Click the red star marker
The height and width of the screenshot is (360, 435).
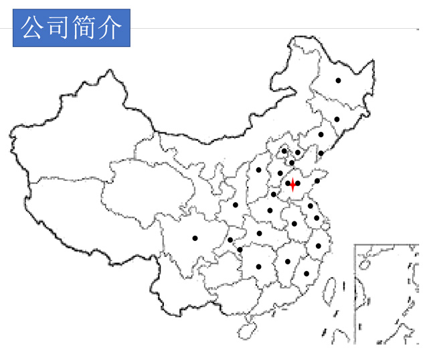[x=292, y=184]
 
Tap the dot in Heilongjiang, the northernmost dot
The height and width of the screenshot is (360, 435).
[x=338, y=80]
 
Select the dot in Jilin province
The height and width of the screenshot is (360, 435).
[x=337, y=119]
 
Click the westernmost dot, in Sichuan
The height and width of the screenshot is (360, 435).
[x=195, y=238]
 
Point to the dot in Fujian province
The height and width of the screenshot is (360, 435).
[x=306, y=273]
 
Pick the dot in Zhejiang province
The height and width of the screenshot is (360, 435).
[x=319, y=246]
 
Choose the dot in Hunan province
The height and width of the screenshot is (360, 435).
[x=258, y=266]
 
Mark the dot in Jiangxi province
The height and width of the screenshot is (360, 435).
[x=288, y=262]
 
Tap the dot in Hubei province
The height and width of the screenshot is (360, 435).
[x=259, y=233]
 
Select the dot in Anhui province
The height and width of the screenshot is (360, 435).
[x=294, y=223]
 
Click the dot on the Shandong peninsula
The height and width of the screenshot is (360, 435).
[x=317, y=180]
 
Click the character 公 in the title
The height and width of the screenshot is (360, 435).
[x=33, y=28]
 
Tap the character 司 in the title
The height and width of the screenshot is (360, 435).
[x=59, y=28]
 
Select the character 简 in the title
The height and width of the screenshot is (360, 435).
[x=84, y=28]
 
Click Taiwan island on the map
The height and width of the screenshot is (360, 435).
[x=329, y=292]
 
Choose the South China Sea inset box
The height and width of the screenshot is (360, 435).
[x=386, y=294]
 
